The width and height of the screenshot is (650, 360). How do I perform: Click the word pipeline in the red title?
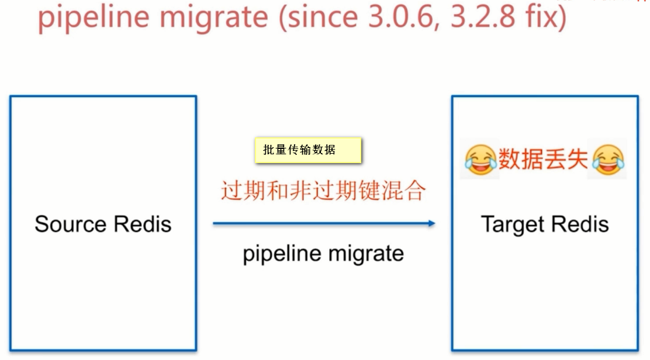94,18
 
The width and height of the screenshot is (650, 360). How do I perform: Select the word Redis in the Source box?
143,224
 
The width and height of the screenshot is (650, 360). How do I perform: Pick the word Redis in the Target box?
579,224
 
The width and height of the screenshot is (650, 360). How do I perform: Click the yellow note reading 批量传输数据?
308,150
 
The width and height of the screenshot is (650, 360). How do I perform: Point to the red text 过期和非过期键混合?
323,191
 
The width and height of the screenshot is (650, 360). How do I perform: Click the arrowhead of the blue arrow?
431,223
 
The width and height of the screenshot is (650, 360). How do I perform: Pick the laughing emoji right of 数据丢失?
608,159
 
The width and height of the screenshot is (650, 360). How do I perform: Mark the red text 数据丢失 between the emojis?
544,159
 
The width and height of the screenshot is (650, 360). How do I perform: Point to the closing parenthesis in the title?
562,18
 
